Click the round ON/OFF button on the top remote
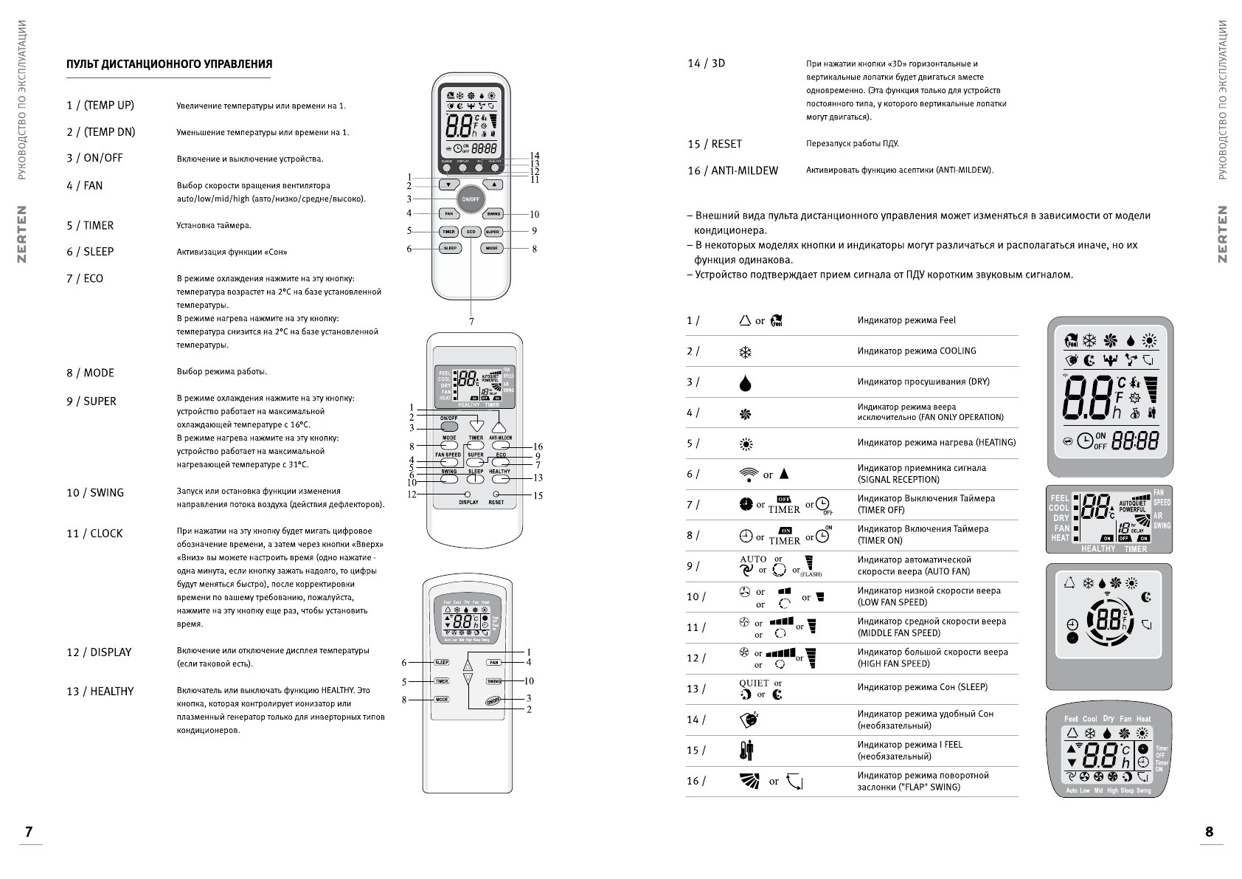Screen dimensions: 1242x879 click(x=470, y=199)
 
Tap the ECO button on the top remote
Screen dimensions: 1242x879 click(x=471, y=232)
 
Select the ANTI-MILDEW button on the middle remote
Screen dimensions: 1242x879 click(x=501, y=446)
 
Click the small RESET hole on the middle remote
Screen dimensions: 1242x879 click(x=496, y=493)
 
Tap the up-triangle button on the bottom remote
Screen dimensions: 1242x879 click(x=468, y=663)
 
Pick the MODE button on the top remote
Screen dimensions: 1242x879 click(x=492, y=249)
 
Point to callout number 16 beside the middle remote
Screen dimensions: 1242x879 click(x=538, y=447)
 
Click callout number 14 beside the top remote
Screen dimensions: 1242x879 click(x=535, y=156)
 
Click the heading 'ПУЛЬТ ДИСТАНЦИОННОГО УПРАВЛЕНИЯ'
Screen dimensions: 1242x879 click(x=169, y=64)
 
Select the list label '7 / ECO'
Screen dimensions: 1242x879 click(x=85, y=278)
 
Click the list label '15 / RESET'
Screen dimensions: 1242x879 click(x=714, y=144)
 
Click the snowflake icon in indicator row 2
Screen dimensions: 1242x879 click(x=745, y=352)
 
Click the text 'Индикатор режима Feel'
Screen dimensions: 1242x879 click(x=906, y=320)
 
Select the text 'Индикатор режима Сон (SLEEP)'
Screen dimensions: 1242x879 click(x=922, y=687)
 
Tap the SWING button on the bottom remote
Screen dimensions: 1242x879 click(x=493, y=681)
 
